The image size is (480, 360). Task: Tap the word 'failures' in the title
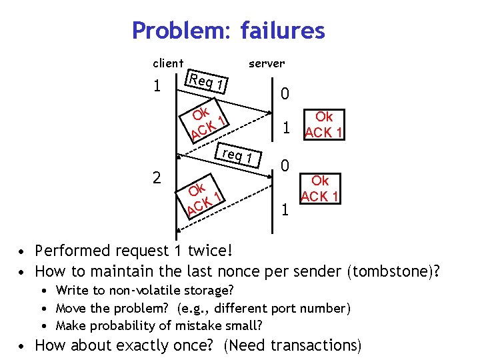pos(283,31)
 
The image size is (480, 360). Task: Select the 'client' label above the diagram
pos(168,63)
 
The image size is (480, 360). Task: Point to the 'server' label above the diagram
pos(267,63)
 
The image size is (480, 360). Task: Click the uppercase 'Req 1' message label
pos(207,83)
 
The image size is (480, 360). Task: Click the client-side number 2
pos(156,177)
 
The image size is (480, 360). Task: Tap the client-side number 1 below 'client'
pos(156,87)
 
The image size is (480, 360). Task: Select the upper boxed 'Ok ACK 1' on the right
pos(323,125)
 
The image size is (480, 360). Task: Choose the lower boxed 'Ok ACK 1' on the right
pos(320,188)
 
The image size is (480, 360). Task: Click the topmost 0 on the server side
pos(285,94)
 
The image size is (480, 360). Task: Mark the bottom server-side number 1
pos(285,211)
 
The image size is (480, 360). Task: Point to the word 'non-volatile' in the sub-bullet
pos(141,290)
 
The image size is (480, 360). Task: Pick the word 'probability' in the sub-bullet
pos(120,326)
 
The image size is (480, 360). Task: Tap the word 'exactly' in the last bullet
pos(143,345)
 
